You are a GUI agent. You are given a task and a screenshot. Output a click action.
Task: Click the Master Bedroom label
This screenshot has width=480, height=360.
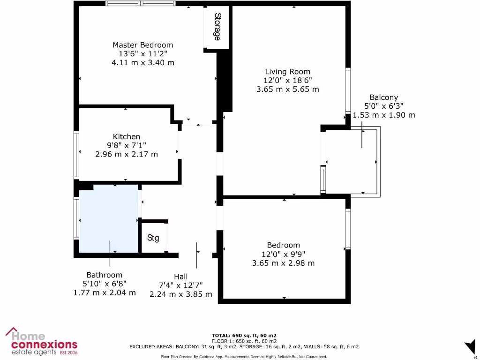(x=142, y=45)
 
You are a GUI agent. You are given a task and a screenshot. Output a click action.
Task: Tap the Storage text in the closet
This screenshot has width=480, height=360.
(x=217, y=27)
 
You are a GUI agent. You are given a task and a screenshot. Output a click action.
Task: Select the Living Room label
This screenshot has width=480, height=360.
(x=287, y=72)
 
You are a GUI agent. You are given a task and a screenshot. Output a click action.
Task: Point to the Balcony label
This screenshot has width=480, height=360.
(x=383, y=97)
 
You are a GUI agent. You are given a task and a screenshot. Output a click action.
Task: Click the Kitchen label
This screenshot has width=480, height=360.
(x=126, y=136)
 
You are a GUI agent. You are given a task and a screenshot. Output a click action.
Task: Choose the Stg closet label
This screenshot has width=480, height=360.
(x=153, y=238)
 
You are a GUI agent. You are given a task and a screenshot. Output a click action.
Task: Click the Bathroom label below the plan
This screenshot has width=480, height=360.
(x=104, y=275)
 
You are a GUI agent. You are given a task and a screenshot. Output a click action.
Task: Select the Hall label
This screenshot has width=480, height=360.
(x=180, y=277)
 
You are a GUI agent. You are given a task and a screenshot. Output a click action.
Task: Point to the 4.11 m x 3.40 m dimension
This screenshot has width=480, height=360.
(x=142, y=62)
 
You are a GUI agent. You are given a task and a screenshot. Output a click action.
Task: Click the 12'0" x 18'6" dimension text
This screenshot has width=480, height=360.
(x=287, y=80)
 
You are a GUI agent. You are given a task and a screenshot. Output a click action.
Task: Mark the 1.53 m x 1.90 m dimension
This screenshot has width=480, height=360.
(x=383, y=115)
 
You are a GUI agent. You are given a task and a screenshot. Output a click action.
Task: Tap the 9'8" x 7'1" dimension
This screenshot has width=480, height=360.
(x=126, y=145)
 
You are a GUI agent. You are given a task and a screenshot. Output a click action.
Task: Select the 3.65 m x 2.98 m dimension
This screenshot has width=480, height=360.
(x=283, y=263)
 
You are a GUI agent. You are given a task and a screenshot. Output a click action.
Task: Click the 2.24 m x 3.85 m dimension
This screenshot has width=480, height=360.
(x=180, y=294)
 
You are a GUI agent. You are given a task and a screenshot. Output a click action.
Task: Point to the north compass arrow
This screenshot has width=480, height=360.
(x=470, y=347)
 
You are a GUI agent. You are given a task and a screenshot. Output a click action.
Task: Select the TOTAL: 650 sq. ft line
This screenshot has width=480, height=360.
(x=244, y=335)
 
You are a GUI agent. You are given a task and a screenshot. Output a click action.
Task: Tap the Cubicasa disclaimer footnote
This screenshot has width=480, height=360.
(x=244, y=357)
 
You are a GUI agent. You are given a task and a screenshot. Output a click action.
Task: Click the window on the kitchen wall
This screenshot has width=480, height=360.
(x=76, y=155)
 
